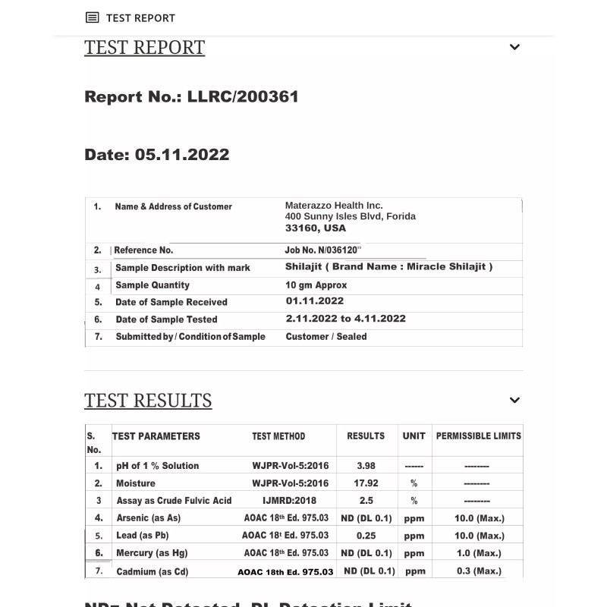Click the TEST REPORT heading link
(x=144, y=47)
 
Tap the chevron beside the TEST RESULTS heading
(x=514, y=400)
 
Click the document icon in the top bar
(x=92, y=17)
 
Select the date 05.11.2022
(x=181, y=155)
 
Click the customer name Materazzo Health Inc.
(x=334, y=206)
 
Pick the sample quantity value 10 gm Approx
(x=316, y=285)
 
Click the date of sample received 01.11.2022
(x=315, y=301)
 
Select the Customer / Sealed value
(x=326, y=336)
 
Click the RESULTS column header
(x=366, y=436)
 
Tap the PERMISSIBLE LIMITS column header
(x=478, y=436)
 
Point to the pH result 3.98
(x=366, y=466)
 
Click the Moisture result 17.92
(x=366, y=483)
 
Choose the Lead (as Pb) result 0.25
(x=366, y=536)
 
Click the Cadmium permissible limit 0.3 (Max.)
(x=479, y=571)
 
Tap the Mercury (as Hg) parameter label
(x=152, y=553)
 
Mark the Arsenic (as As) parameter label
(x=149, y=518)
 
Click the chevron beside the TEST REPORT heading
(x=514, y=47)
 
